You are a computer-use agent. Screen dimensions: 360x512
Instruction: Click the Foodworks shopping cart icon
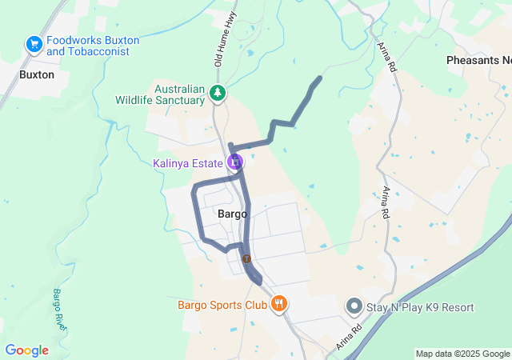pos(34,45)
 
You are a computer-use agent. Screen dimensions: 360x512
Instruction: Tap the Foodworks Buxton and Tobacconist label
pos(93,46)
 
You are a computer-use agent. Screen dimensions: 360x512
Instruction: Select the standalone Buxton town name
pos(37,74)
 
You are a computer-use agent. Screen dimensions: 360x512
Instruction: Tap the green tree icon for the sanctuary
pos(218,94)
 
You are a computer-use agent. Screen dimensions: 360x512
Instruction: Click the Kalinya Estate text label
pos(188,163)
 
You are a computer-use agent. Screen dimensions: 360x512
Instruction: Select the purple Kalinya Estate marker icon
pos(234,162)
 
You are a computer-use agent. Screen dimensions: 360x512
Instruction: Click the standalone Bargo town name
pos(233,214)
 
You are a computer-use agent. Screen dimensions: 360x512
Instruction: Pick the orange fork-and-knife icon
pos(278,304)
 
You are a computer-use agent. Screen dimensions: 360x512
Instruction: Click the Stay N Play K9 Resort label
pos(420,307)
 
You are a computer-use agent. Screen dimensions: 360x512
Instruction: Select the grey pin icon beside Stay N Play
pos(354,306)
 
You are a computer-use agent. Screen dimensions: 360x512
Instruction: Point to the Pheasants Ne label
pos(478,61)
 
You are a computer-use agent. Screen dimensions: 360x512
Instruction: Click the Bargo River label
pos(59,310)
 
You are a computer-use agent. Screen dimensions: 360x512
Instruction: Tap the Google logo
pos(26,350)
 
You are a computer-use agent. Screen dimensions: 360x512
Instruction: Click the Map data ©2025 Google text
pos(462,354)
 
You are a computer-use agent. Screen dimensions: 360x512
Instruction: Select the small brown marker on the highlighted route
pos(247,258)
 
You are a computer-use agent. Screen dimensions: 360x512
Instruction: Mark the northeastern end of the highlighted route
pos(320,78)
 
